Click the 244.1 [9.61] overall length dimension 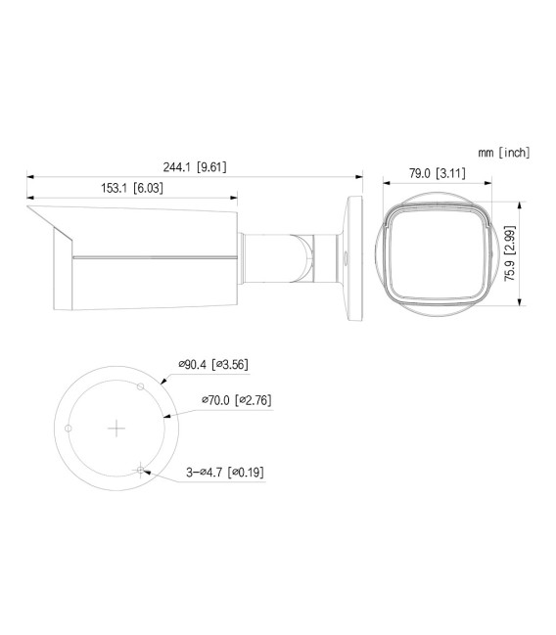coord(197,166)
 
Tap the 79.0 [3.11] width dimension coord(436,173)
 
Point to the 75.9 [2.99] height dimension coord(509,254)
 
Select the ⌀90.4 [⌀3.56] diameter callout coord(212,365)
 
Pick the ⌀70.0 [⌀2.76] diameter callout coord(235,400)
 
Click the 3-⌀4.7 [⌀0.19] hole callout coord(225,472)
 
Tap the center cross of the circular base coord(116,428)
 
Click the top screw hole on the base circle coord(141,386)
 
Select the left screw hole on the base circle coord(68,429)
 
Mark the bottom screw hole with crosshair coord(142,469)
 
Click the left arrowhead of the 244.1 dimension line coord(30,177)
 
